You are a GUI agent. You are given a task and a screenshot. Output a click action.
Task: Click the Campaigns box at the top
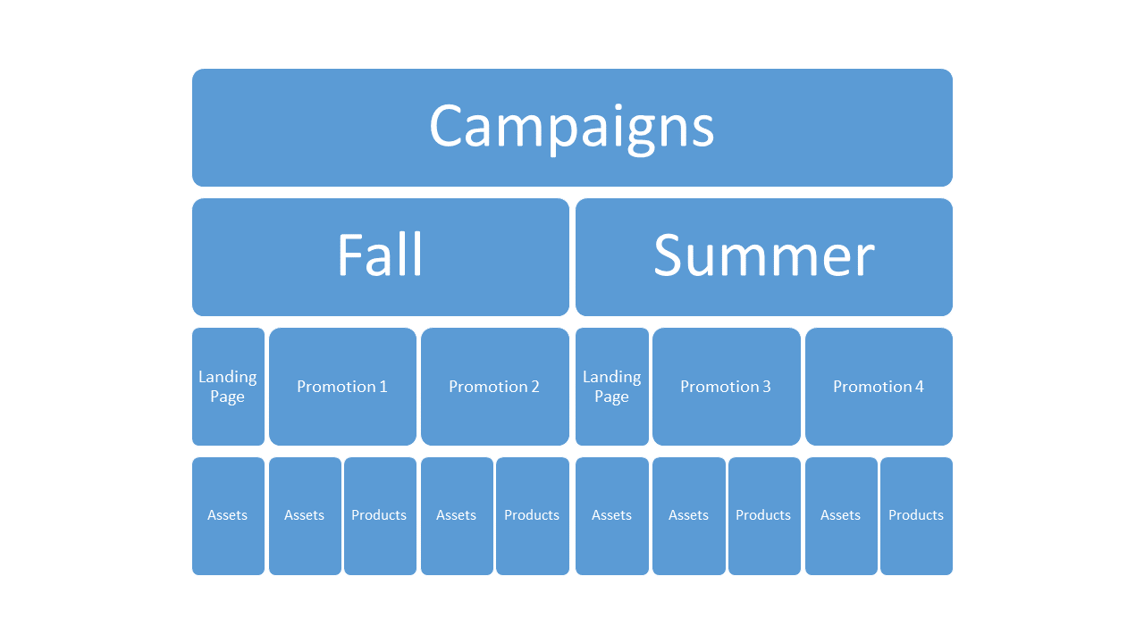[572, 128]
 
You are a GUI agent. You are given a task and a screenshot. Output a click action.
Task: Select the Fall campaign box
[381, 257]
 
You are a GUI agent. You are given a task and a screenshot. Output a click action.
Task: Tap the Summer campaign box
[764, 257]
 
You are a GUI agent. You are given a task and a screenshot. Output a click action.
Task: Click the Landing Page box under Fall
[228, 387]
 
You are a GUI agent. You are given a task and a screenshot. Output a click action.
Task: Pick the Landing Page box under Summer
[612, 387]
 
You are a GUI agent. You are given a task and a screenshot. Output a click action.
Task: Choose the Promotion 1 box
[342, 387]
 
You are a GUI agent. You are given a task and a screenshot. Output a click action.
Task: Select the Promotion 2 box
[495, 387]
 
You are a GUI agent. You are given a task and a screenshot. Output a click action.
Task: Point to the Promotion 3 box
[727, 387]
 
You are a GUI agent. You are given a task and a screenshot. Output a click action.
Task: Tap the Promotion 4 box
[879, 387]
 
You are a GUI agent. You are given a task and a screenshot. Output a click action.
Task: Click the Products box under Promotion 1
[380, 516]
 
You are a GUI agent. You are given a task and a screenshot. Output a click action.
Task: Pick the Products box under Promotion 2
[532, 516]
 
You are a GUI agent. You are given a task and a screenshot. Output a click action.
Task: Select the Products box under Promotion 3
[764, 516]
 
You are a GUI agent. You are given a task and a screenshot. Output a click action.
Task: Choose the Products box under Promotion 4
[916, 516]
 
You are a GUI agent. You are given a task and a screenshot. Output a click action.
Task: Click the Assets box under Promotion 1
[305, 516]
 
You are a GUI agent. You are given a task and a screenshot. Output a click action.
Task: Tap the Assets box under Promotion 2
[457, 516]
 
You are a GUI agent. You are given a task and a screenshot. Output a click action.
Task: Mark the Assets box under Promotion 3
[689, 516]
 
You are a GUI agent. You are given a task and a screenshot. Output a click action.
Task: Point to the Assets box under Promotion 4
[841, 516]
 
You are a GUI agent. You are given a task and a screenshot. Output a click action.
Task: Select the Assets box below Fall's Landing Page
[228, 516]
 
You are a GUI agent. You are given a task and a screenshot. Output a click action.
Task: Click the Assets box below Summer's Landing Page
[612, 516]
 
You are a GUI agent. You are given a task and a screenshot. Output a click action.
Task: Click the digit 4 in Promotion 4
[920, 387]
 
